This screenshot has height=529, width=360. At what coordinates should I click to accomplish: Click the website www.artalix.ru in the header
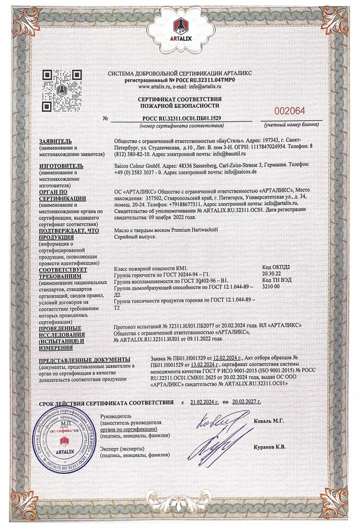point(156,86)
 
